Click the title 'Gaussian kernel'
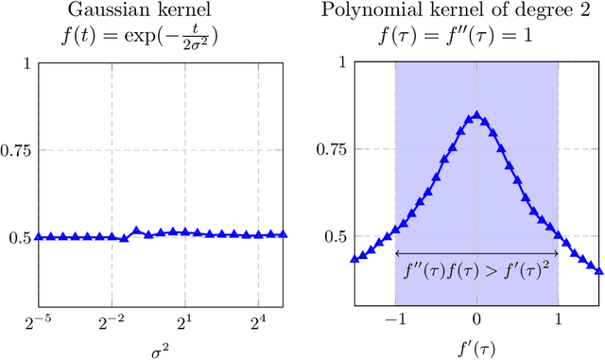pos(161,10)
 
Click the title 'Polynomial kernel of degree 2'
pos(476,10)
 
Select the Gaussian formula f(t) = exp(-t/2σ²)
pos(161,37)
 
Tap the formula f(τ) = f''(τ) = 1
pos(476,37)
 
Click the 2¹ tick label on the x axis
pos(186,321)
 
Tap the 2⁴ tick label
pos(260,321)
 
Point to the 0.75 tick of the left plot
pos(17,150)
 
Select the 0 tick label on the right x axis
pos(476,322)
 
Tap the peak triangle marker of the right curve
pos(476,116)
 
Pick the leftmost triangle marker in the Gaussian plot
pos(39,236)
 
